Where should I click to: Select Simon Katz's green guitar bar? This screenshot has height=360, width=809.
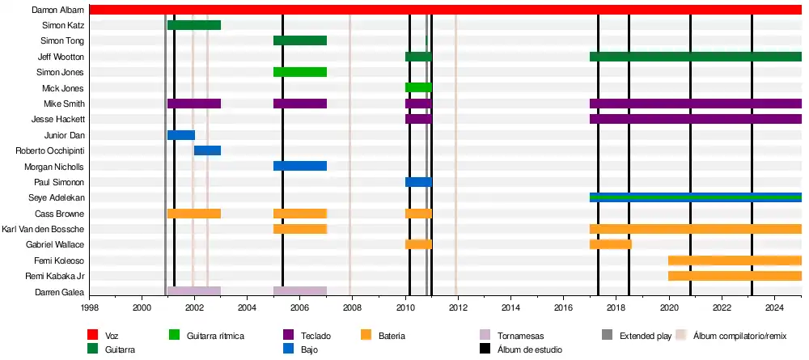click(194, 25)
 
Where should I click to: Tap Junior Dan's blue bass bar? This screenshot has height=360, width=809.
click(181, 135)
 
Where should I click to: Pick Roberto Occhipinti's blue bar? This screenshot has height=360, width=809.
click(207, 150)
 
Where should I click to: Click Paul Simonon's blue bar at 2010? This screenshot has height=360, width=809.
click(418, 182)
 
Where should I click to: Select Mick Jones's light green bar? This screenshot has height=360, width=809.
click(418, 87)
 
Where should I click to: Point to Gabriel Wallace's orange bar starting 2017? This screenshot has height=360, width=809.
click(610, 244)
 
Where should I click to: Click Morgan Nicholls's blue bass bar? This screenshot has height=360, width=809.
click(300, 166)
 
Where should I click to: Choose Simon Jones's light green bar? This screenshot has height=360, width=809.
click(300, 72)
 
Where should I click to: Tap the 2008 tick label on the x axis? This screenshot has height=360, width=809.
click(352, 308)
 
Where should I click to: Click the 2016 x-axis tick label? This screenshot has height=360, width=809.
click(563, 308)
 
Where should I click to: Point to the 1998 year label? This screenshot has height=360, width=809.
click(89, 308)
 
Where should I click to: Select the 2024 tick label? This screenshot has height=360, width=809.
click(774, 308)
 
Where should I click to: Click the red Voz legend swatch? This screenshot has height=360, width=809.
click(93, 335)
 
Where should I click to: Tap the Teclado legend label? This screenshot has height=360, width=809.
click(315, 335)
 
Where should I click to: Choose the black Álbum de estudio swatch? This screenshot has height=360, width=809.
click(485, 349)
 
